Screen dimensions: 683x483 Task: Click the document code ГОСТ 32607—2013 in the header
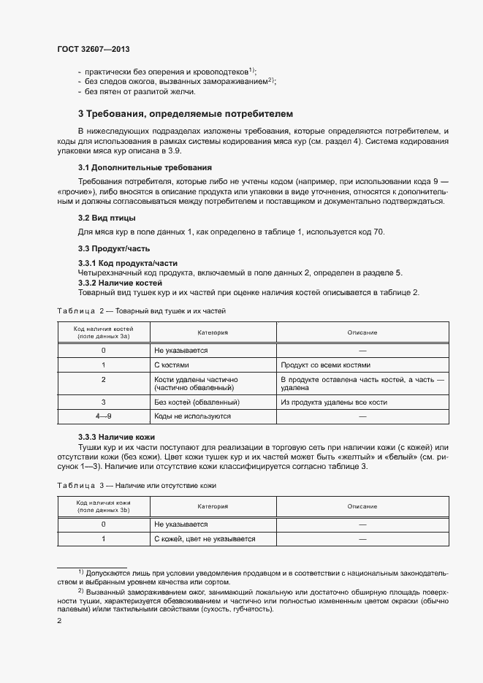click(x=88, y=50)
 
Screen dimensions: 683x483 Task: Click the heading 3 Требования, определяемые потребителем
click(x=185, y=115)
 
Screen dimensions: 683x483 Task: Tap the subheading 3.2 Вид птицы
click(x=106, y=218)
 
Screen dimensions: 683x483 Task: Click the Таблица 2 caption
click(x=141, y=310)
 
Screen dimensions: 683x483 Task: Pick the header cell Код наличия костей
click(x=104, y=333)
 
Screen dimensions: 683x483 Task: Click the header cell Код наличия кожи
click(x=104, y=506)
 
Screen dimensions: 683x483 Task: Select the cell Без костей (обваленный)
click(x=197, y=402)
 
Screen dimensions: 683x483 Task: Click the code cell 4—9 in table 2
click(x=104, y=416)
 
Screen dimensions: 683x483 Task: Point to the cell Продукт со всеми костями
click(x=325, y=365)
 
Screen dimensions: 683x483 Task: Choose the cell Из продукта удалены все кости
click(x=333, y=402)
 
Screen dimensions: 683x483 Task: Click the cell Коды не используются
click(x=193, y=416)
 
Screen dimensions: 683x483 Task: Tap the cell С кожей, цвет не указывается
click(x=205, y=539)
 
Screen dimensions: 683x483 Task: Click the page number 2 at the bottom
click(x=59, y=622)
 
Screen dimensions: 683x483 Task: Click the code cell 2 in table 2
click(x=104, y=380)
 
